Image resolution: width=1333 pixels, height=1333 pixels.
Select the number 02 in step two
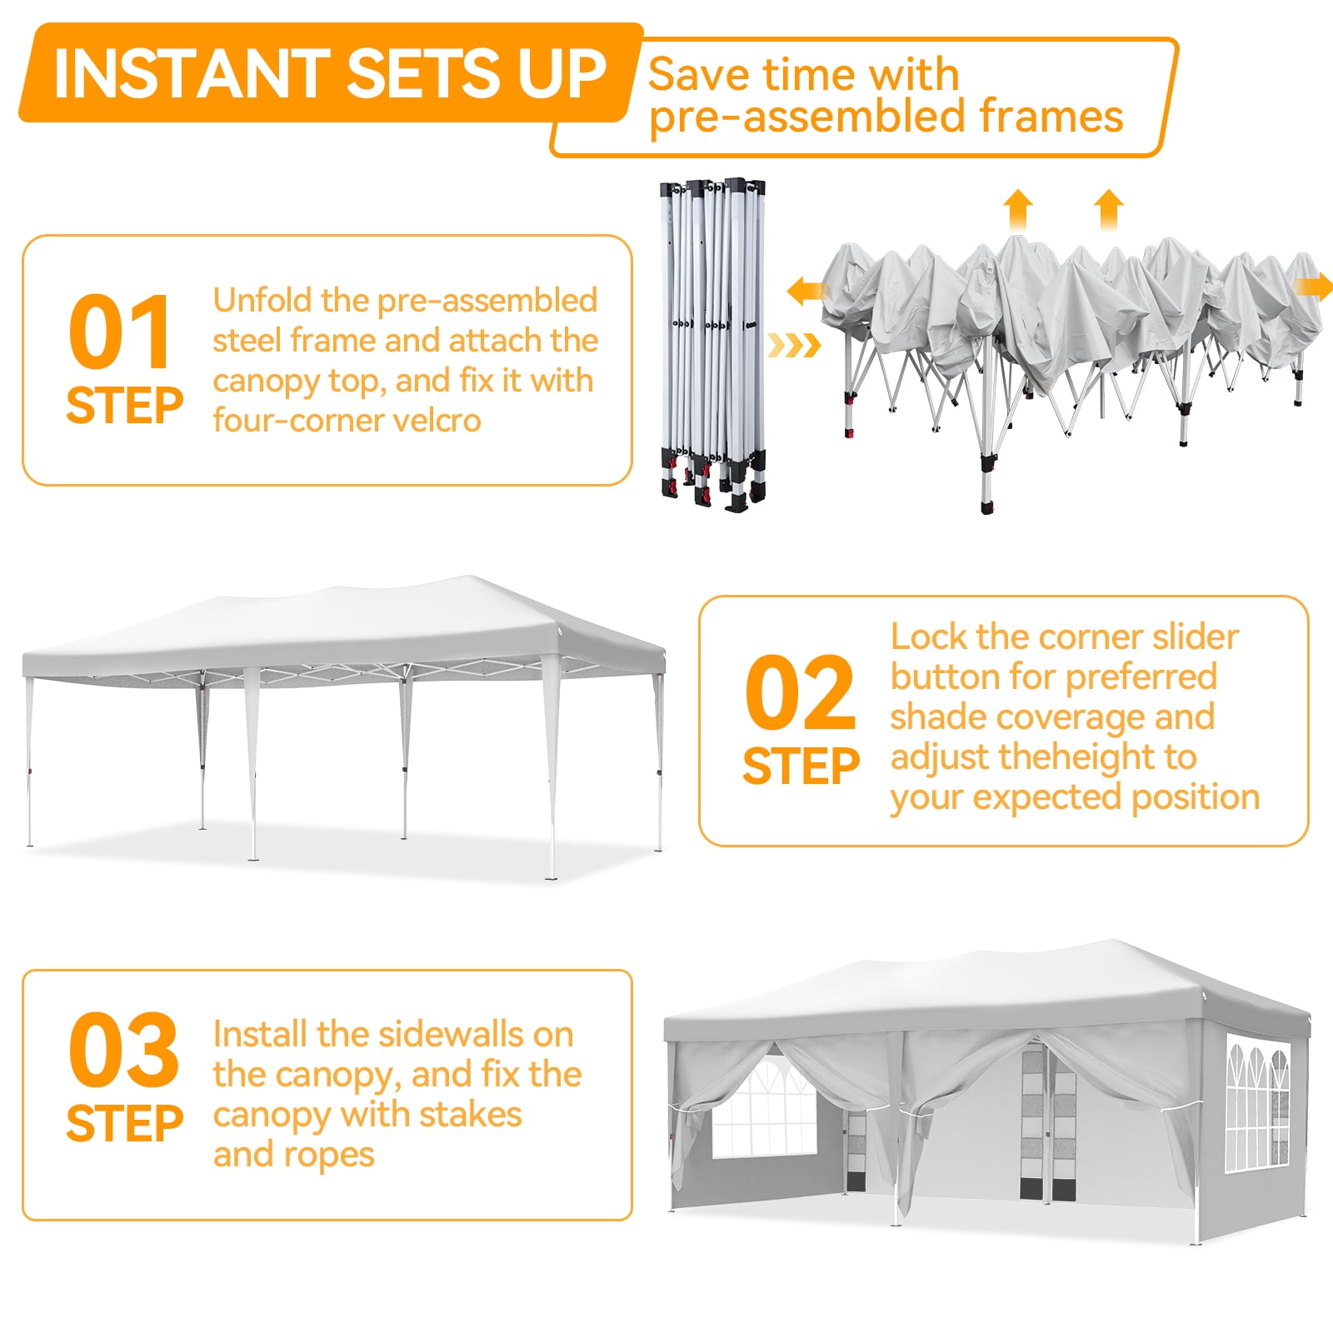click(x=800, y=693)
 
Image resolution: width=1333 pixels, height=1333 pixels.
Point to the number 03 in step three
click(x=123, y=1050)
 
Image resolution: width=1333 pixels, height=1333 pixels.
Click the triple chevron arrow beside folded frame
click(x=794, y=345)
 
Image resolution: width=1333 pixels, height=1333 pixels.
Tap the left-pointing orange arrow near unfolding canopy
click(x=805, y=292)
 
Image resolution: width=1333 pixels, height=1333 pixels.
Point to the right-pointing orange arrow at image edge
click(x=1314, y=287)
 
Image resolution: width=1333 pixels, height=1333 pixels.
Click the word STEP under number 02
click(x=800, y=766)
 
